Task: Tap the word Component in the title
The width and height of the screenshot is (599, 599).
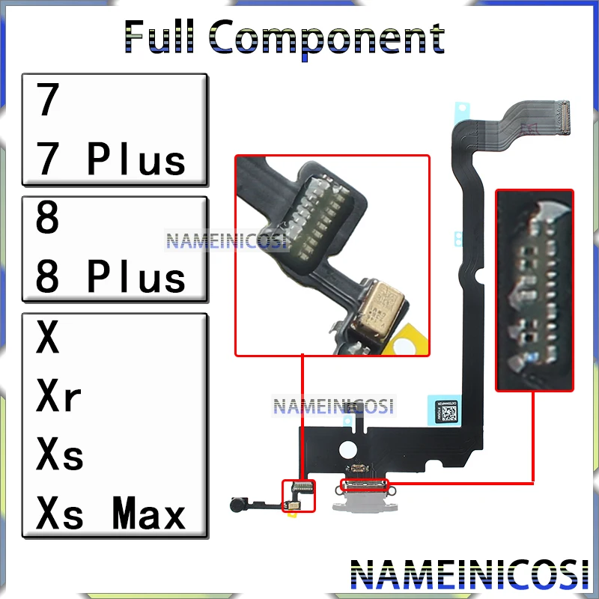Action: [329, 38]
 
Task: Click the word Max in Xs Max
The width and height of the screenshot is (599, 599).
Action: [148, 514]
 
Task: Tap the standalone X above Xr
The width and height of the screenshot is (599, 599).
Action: [47, 339]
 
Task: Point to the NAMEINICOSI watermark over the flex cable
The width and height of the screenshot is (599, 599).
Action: [333, 407]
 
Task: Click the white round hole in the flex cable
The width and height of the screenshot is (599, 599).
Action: [347, 451]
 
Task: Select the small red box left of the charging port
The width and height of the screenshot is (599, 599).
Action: [298, 496]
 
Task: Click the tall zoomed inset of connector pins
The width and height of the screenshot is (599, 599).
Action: [535, 290]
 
